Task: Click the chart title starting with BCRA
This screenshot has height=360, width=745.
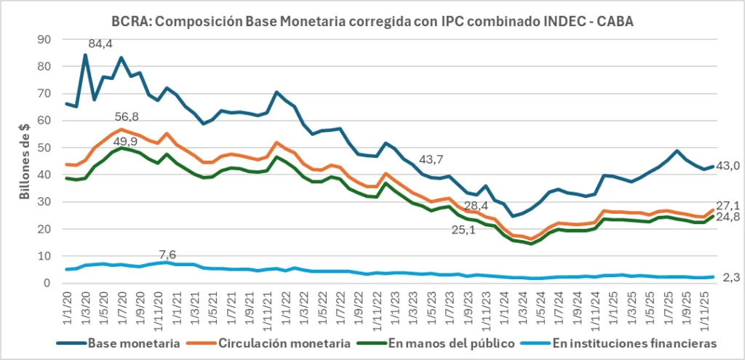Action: [x=372, y=21]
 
